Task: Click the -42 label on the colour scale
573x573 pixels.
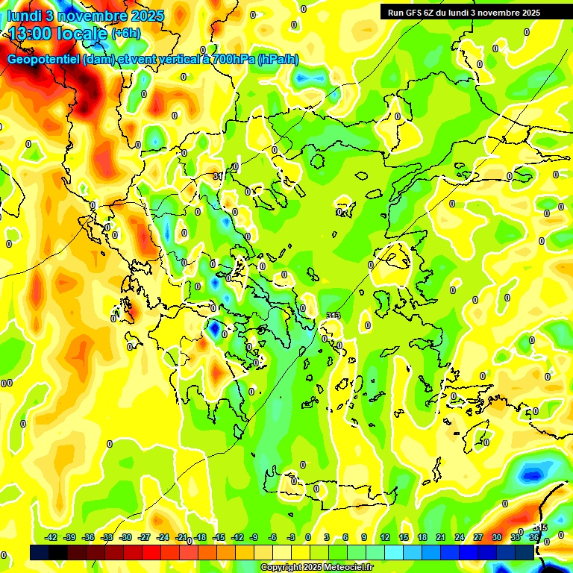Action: [x=51, y=537]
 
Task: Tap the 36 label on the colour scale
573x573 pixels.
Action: [x=534, y=537]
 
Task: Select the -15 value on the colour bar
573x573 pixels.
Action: [x=219, y=537]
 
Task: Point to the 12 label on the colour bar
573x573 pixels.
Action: [x=385, y=537]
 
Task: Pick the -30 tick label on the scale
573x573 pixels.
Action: [x=126, y=537]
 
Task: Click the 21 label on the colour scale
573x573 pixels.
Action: [x=441, y=537]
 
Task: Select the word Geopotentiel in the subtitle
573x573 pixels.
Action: [x=43, y=60]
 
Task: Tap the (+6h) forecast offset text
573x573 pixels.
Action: [x=125, y=34]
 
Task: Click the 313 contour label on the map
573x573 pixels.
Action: [x=333, y=316]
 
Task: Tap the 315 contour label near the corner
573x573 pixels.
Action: [x=541, y=528]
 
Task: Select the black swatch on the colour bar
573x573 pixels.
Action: [x=40, y=553]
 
